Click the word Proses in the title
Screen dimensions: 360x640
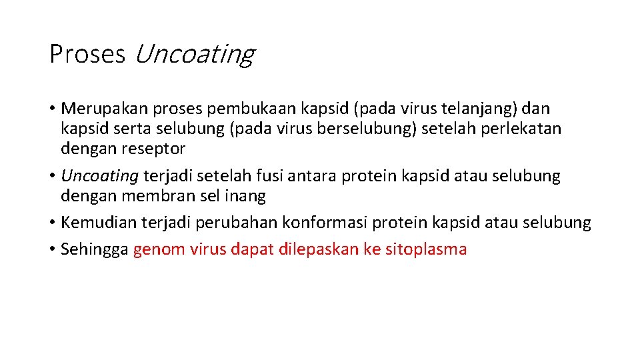pos(87,54)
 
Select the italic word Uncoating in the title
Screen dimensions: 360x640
pos(194,54)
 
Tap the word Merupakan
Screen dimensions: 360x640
pos(103,109)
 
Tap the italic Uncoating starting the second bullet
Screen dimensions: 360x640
pos(99,176)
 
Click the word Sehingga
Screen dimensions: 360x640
pos(94,250)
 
